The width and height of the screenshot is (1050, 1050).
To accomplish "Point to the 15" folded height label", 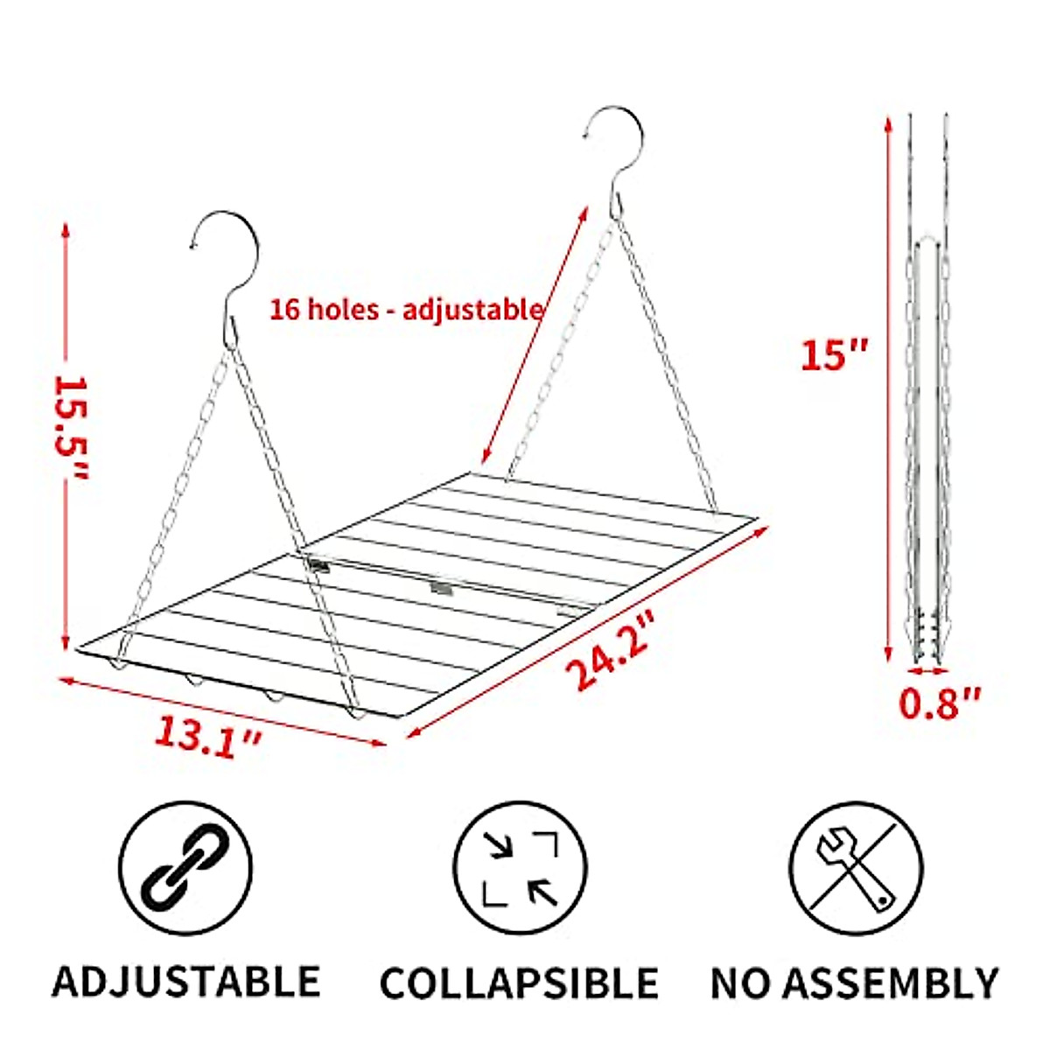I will tap(834, 355).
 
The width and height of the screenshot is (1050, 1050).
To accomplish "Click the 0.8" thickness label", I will tap(941, 703).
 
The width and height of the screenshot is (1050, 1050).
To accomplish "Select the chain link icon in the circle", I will tap(185, 865).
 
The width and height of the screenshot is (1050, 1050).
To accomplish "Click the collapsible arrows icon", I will tap(521, 867).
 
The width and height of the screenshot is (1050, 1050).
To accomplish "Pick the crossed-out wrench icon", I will tap(855, 867).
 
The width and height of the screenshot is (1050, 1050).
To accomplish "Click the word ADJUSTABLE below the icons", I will tap(185, 982).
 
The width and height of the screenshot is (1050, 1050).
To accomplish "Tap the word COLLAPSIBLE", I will tap(520, 983).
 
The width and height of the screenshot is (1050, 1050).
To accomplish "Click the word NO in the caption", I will tap(740, 983).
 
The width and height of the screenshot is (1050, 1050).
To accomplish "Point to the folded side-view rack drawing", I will tap(927, 394).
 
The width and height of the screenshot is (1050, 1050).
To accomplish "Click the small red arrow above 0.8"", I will tap(927, 672).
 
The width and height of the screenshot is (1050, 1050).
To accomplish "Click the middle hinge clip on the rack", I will tap(442, 587).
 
